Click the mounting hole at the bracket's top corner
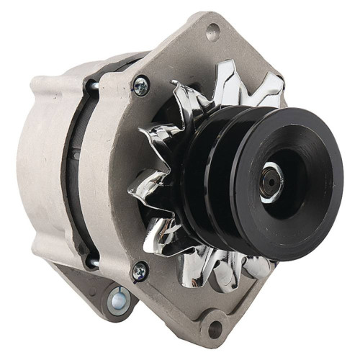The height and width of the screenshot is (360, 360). click(x=212, y=31)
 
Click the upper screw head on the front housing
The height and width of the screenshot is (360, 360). click(x=141, y=86)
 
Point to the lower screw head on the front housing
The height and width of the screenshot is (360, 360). click(x=140, y=271)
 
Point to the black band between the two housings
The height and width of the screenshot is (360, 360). click(x=76, y=173)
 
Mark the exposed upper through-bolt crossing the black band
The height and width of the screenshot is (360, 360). click(x=93, y=86)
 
